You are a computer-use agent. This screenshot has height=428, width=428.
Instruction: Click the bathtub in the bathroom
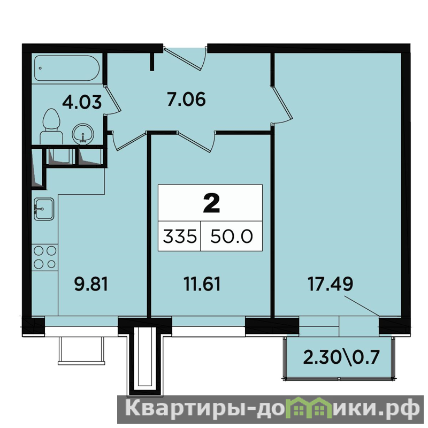tap(66, 68)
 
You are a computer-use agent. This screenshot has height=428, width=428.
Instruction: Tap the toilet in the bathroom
tap(51, 126)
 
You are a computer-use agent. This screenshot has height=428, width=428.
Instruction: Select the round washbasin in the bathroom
tap(83, 134)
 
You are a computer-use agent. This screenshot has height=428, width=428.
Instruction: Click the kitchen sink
tap(44, 209)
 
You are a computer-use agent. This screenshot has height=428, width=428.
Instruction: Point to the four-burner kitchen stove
tap(45, 257)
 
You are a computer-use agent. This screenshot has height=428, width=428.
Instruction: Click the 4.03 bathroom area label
tap(82, 102)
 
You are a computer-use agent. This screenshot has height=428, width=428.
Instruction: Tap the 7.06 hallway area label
tap(186, 99)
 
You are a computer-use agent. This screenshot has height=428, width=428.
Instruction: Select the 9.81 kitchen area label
tap(91, 284)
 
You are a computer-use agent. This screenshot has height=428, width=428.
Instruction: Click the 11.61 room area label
tap(202, 284)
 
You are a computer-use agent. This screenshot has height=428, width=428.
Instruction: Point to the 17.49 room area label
tap(330, 284)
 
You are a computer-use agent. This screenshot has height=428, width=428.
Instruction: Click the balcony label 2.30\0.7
tap(341, 357)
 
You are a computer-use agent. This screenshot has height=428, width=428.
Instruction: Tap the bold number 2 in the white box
tap(211, 203)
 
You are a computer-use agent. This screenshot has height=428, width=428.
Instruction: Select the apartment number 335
tap(180, 236)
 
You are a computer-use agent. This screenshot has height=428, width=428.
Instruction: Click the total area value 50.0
tap(232, 236)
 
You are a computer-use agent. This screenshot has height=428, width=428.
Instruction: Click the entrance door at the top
tap(186, 59)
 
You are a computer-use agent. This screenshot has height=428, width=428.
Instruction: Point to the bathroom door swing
tap(112, 100)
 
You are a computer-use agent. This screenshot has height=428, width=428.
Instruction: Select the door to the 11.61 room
tap(196, 141)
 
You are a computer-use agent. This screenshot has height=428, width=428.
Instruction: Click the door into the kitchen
tap(128, 141)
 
